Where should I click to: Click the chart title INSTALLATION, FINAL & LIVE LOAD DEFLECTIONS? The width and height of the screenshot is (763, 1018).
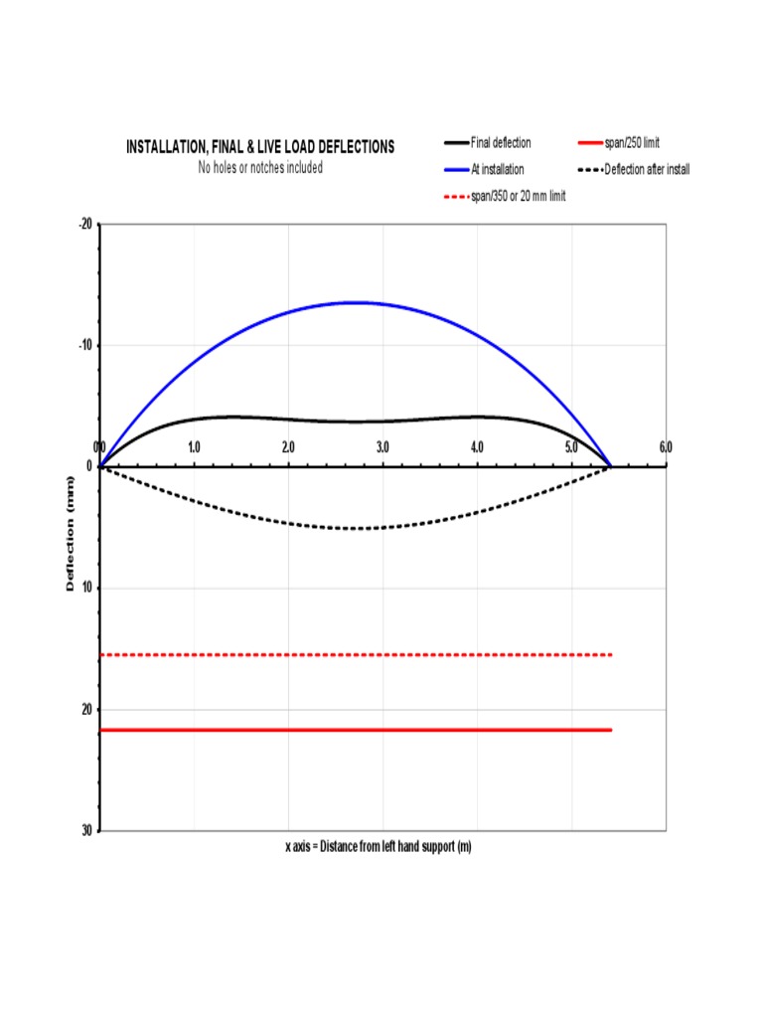[x=259, y=147]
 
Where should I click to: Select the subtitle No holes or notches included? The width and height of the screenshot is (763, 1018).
[x=260, y=168]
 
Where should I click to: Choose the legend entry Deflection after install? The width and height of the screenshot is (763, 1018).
[x=647, y=170]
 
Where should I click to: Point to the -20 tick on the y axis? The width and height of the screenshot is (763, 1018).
[x=85, y=225]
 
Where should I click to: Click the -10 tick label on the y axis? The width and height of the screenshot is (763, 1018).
[x=85, y=346]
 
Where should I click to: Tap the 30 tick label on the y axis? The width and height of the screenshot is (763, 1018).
[x=87, y=830]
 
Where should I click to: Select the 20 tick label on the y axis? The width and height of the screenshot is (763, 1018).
[x=87, y=710]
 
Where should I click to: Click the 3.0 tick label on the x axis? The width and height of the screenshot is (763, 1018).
[x=382, y=448]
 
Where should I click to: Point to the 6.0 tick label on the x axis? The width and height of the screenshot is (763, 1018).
[x=666, y=448]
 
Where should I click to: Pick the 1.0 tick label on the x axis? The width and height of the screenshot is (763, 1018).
[x=194, y=448]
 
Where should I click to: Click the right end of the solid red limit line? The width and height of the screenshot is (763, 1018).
[x=611, y=730]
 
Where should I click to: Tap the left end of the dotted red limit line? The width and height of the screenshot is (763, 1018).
[x=101, y=655]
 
